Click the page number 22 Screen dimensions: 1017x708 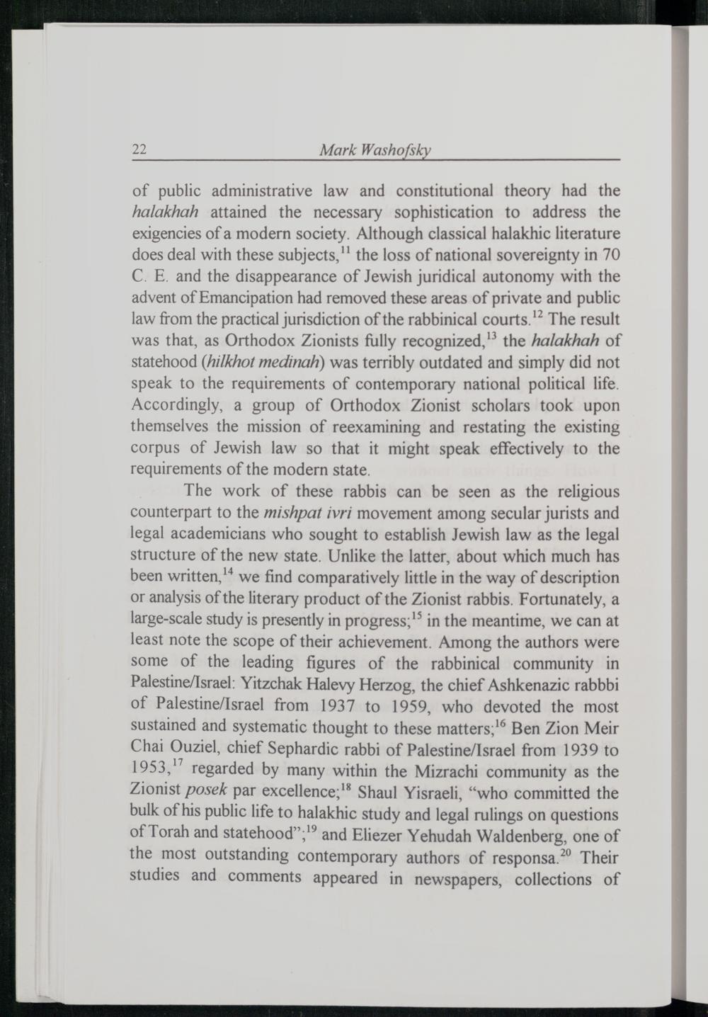(139, 149)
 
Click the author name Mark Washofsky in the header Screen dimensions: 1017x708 (375, 150)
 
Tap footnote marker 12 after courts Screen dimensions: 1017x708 (537, 314)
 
